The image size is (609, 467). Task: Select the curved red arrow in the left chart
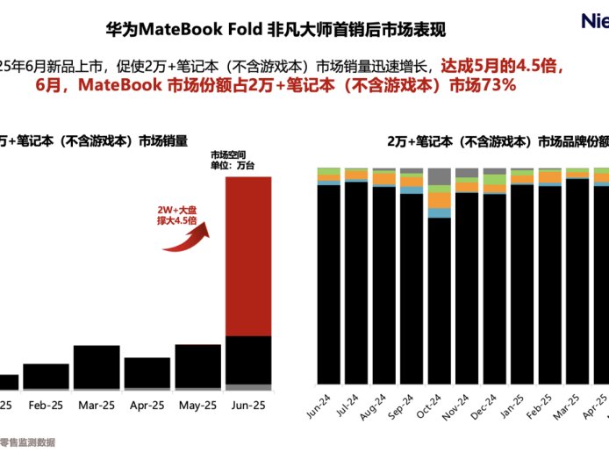(187, 239)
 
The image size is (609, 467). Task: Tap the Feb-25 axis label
(46, 406)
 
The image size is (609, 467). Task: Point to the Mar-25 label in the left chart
(97, 406)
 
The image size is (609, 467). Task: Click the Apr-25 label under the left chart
(147, 406)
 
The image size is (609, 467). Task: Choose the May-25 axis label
(197, 406)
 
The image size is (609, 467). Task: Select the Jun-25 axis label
(248, 406)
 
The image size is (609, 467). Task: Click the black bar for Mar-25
(97, 366)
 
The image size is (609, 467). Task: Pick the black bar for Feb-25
(46, 376)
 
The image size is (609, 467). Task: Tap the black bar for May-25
(197, 366)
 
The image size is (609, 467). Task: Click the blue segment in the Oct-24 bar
(439, 212)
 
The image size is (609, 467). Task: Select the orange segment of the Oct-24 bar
(439, 200)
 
